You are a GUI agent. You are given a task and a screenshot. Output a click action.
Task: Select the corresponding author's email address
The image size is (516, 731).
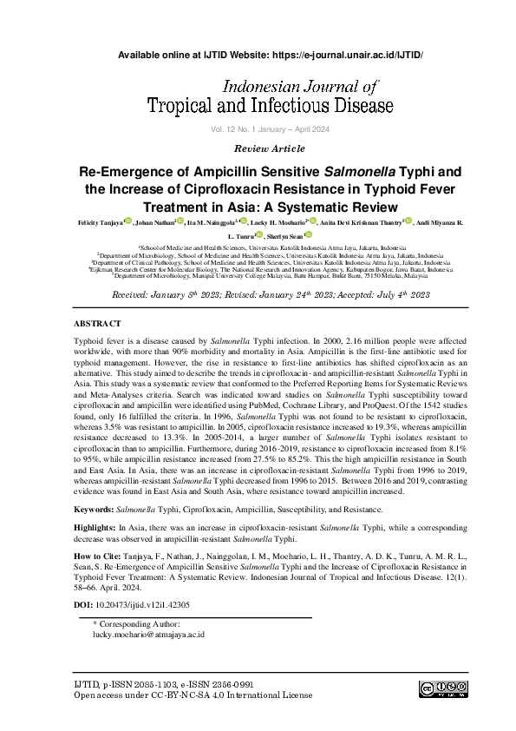148,634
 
